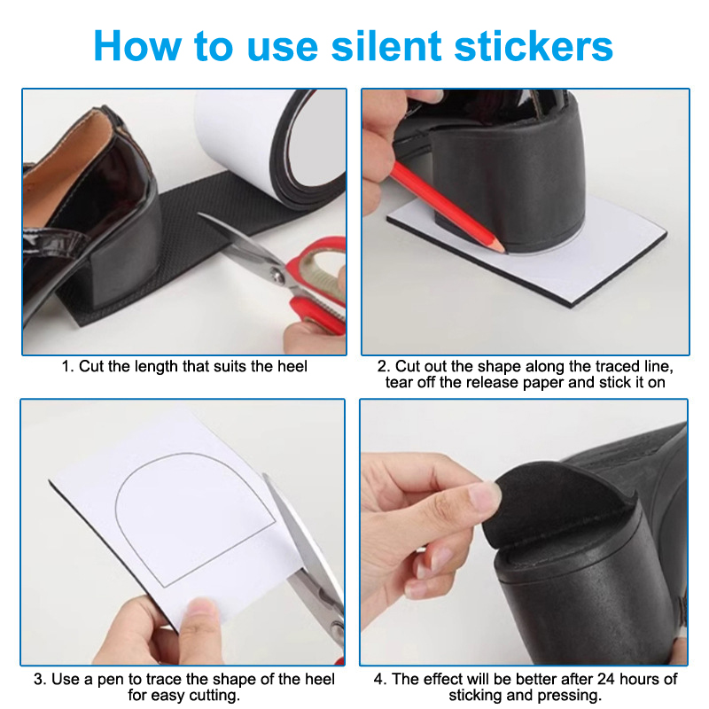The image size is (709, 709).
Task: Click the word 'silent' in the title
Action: coord(386,46)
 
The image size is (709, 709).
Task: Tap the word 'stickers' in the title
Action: coord(534,46)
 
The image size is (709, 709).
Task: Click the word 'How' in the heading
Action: coord(137,46)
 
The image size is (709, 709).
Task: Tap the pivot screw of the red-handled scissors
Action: coord(275,273)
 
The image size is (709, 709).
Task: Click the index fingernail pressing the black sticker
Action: coord(485,495)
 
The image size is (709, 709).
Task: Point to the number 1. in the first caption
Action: coord(67,366)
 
